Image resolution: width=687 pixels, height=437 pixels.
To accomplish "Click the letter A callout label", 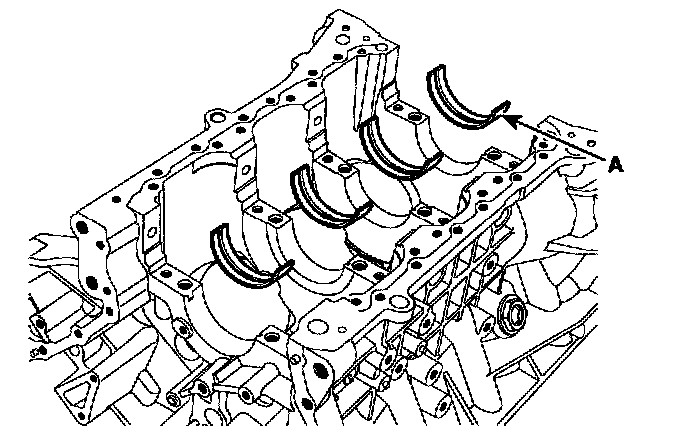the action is click(615, 165).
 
